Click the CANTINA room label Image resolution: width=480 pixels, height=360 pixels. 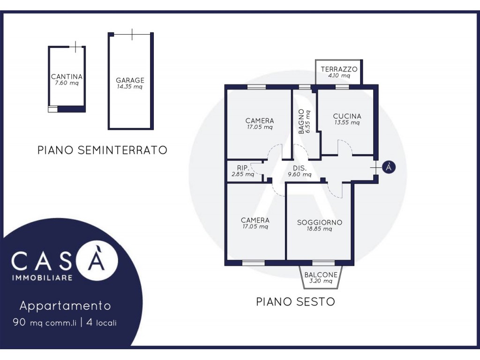pos(67,76)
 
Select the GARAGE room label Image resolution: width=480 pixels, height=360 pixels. pos(130,80)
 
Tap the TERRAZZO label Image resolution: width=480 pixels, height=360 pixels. pos(339,69)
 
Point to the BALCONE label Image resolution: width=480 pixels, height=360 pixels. pos(321,275)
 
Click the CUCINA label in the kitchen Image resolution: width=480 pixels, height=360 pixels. pos(347,116)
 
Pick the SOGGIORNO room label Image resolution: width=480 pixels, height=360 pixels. pos(320,222)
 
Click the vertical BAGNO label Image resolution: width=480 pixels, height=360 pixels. pos(301,121)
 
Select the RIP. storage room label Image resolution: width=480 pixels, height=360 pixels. pos(243,168)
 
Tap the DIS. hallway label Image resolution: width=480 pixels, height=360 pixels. pos(300,168)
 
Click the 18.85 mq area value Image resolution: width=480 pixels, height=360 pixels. pos(319,229)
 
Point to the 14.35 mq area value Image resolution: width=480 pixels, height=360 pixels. pos(129,87)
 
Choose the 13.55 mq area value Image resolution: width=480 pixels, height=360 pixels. pos(347,123)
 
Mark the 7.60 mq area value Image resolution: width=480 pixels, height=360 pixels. pos(67,83)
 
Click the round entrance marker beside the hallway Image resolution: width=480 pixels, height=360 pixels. pos(389,167)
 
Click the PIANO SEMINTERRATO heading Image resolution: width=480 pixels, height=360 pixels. pos(102,150)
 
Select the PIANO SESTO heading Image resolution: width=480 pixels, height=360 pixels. pos(295,302)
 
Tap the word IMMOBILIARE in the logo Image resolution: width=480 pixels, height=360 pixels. pos(42,278)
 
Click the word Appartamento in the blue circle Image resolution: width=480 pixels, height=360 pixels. pos(65,306)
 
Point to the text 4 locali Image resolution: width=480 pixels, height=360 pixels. pos(101,322)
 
